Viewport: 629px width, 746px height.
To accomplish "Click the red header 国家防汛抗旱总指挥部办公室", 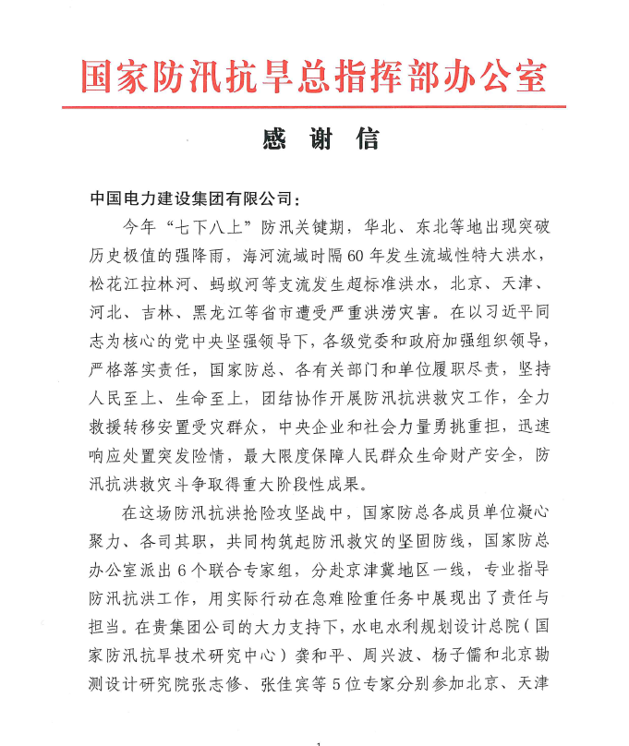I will (314, 75).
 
